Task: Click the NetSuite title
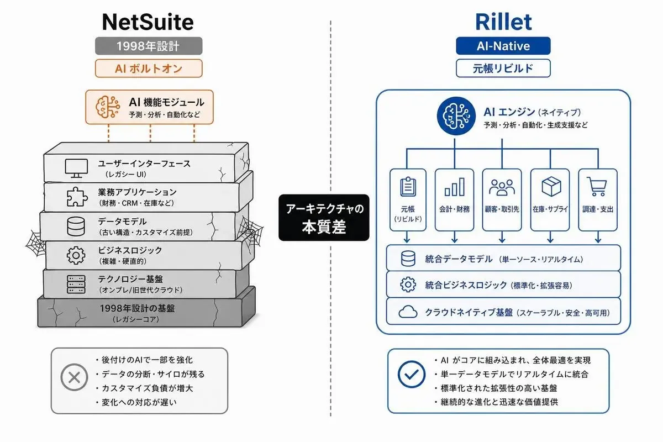pyautogui.click(x=148, y=22)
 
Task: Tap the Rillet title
pyautogui.click(x=503, y=22)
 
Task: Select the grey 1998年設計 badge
pyautogui.click(x=149, y=46)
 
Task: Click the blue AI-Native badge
pyautogui.click(x=503, y=46)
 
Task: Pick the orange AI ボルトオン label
pyautogui.click(x=149, y=69)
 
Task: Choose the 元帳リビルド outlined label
pyautogui.click(x=503, y=69)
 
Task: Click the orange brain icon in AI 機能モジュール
pyautogui.click(x=108, y=107)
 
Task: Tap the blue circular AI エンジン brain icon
pyautogui.click(x=456, y=116)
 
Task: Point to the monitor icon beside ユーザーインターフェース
pyautogui.click(x=76, y=168)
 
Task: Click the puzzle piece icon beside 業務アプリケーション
pyautogui.click(x=77, y=197)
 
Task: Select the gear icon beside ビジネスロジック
pyautogui.click(x=76, y=255)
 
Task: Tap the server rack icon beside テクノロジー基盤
pyautogui.click(x=76, y=284)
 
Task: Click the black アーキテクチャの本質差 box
pyautogui.click(x=324, y=218)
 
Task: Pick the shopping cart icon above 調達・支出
pyautogui.click(x=597, y=187)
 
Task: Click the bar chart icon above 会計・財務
pyautogui.click(x=455, y=187)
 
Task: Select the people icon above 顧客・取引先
pyautogui.click(x=502, y=187)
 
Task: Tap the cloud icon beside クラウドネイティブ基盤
pyautogui.click(x=408, y=312)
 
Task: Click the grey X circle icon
pyautogui.click(x=74, y=377)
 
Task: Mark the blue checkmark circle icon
pyautogui.click(x=412, y=374)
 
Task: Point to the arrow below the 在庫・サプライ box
pyautogui.click(x=550, y=237)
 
